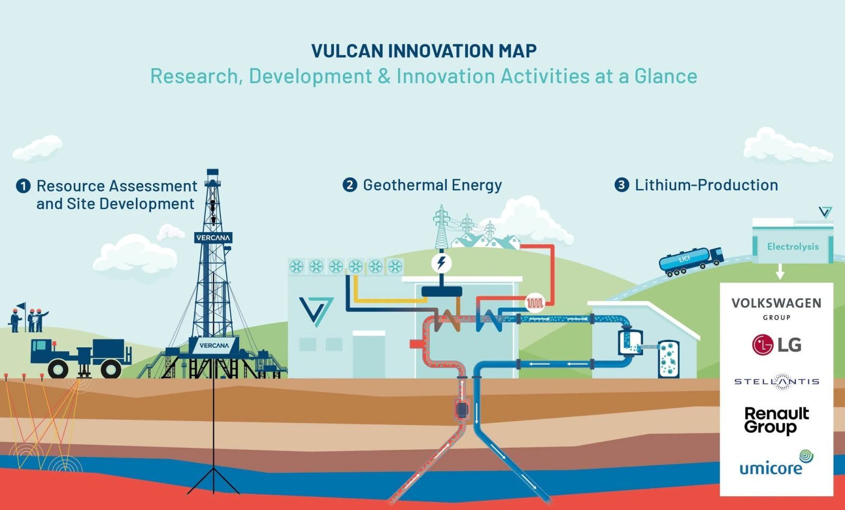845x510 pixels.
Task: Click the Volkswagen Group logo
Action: [776, 309]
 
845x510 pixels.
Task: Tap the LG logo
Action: [776, 345]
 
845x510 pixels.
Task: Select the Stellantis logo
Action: [777, 382]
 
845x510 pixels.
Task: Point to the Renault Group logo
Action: [776, 420]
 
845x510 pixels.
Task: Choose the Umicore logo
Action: [776, 463]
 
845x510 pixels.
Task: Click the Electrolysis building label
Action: [793, 246]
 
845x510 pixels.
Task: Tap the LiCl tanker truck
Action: [691, 261]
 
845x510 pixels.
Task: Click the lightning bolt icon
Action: [442, 263]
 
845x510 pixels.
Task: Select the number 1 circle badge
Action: [23, 186]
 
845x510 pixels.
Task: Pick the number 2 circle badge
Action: [350, 185]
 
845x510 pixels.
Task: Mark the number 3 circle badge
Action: [622, 185]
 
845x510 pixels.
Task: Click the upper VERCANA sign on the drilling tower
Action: [213, 237]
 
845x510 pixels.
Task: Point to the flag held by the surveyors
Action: [21, 306]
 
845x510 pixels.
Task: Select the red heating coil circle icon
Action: [535, 303]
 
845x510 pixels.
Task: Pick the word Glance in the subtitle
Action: [665, 76]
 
